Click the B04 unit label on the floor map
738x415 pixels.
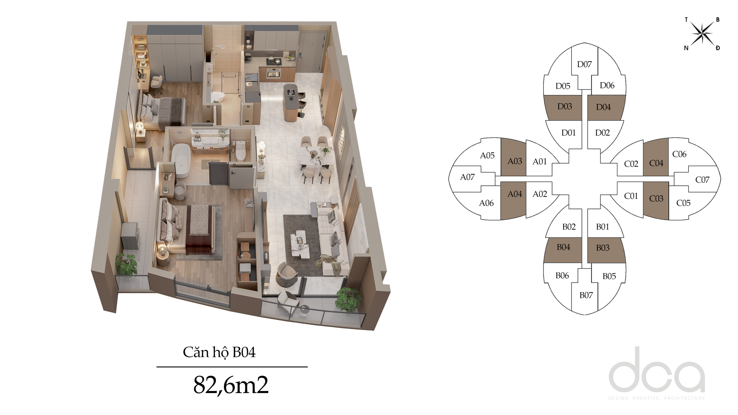(x=563, y=247)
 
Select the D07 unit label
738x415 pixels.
(x=584, y=64)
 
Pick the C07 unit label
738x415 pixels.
(x=702, y=180)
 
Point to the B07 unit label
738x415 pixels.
(x=586, y=295)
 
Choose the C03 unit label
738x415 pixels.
(x=656, y=199)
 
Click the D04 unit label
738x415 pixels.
(x=603, y=107)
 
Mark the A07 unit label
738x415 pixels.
(x=467, y=177)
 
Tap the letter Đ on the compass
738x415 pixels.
(x=718, y=48)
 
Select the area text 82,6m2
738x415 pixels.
(x=231, y=385)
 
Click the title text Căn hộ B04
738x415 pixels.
(x=219, y=352)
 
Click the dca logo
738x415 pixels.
(x=657, y=373)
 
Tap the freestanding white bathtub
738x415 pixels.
(x=181, y=160)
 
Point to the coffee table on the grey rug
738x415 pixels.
(x=300, y=244)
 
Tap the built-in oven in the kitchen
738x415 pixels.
(x=273, y=74)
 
